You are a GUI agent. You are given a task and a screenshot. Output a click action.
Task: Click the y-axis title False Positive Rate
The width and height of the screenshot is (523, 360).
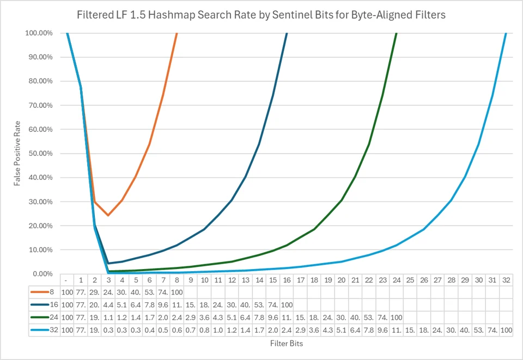17,154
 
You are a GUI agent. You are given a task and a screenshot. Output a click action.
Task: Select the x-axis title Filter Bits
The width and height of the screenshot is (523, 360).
287,343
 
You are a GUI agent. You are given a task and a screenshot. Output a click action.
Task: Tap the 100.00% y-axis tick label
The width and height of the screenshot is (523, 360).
39,33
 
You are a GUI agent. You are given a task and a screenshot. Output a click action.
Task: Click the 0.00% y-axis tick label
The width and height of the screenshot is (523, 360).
42,273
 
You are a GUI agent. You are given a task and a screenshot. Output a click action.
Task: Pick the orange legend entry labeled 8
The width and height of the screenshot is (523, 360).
42,292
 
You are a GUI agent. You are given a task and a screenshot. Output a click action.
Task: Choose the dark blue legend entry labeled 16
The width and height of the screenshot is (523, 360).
44,304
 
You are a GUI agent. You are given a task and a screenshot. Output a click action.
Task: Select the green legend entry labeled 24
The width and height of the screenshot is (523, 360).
44,317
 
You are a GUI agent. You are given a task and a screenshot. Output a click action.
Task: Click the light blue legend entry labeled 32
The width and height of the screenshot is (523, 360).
44,330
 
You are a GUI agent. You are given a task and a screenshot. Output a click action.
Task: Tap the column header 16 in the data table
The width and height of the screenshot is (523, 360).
287,280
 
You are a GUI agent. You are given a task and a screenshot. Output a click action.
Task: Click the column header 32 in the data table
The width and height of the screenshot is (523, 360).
506,280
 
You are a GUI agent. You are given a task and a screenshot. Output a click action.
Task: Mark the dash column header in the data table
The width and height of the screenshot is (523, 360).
67,280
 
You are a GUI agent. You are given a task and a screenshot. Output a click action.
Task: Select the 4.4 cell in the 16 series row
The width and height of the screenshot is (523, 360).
108,304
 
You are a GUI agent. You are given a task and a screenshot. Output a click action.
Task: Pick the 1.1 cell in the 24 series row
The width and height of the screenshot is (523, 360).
108,318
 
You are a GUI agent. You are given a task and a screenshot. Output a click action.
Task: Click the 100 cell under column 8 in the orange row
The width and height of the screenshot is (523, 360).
177,292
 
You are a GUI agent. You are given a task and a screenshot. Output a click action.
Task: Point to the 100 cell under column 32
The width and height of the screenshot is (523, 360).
506,330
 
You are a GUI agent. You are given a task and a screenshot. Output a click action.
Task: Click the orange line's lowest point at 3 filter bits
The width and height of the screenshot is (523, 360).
108,215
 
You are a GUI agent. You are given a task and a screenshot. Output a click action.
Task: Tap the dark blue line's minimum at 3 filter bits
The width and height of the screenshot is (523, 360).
108,263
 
